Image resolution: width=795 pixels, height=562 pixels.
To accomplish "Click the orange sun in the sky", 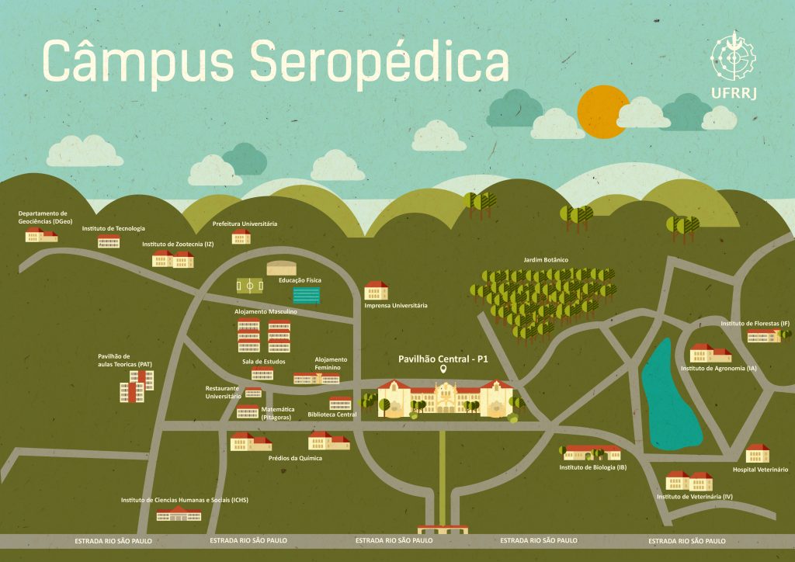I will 602,111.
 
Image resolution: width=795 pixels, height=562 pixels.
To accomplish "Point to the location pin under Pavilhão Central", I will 443,370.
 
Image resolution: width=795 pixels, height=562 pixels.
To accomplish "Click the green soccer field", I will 250,286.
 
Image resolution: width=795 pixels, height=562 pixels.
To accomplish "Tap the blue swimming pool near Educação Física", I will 306,295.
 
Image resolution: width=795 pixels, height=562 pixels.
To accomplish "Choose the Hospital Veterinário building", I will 757,453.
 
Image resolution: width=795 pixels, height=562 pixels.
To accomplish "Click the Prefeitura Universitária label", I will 245,224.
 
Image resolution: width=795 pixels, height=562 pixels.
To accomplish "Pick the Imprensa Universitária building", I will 377,291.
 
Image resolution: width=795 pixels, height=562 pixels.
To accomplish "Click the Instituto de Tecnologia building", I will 109,241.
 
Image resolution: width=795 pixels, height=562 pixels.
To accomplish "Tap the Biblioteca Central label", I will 332,415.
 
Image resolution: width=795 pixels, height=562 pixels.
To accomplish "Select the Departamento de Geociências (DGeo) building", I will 42,234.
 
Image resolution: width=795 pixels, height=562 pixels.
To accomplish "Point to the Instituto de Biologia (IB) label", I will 592,467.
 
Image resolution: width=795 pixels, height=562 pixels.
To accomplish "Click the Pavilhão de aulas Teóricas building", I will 137,386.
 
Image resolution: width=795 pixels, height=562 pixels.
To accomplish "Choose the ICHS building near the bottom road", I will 179,513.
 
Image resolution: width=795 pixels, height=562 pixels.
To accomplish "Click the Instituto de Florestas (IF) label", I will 755,323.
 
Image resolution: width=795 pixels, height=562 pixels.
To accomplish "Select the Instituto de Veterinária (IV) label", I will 694,495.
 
